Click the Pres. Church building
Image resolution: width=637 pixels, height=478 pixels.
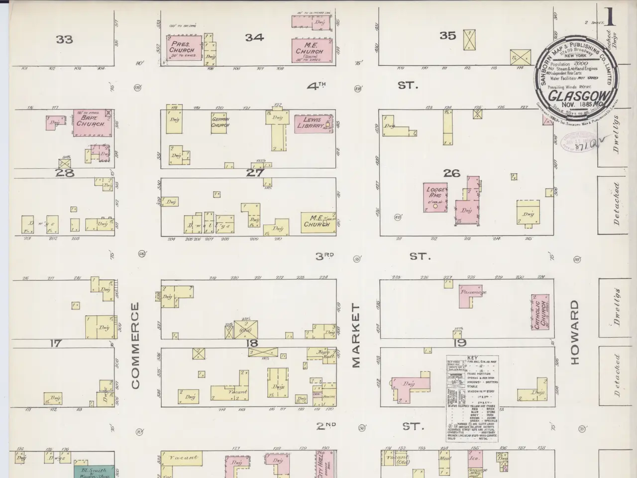(183, 49)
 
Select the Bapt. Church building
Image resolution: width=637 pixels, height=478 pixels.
(92, 122)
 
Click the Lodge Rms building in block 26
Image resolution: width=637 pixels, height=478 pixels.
(435, 197)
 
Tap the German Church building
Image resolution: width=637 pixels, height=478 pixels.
(220, 122)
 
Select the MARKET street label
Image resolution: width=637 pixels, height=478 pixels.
(356, 336)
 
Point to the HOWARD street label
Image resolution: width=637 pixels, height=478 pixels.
(575, 332)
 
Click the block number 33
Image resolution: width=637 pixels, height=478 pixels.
(64, 39)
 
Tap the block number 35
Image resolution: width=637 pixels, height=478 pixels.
(447, 35)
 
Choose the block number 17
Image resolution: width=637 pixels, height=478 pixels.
(56, 343)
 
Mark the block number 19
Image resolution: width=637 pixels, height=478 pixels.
(460, 343)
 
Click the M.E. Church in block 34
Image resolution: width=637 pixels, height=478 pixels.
(310, 50)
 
